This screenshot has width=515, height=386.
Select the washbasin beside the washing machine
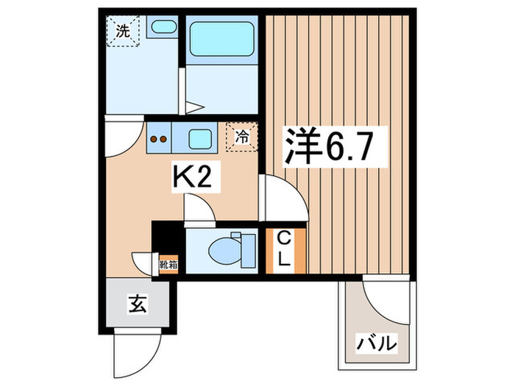pyautogui.click(x=162, y=29)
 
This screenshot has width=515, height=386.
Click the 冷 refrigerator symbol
pyautogui.click(x=241, y=136)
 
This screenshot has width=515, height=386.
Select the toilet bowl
pyautogui.click(x=226, y=249)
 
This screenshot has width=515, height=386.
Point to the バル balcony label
pyautogui.click(x=377, y=343)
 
